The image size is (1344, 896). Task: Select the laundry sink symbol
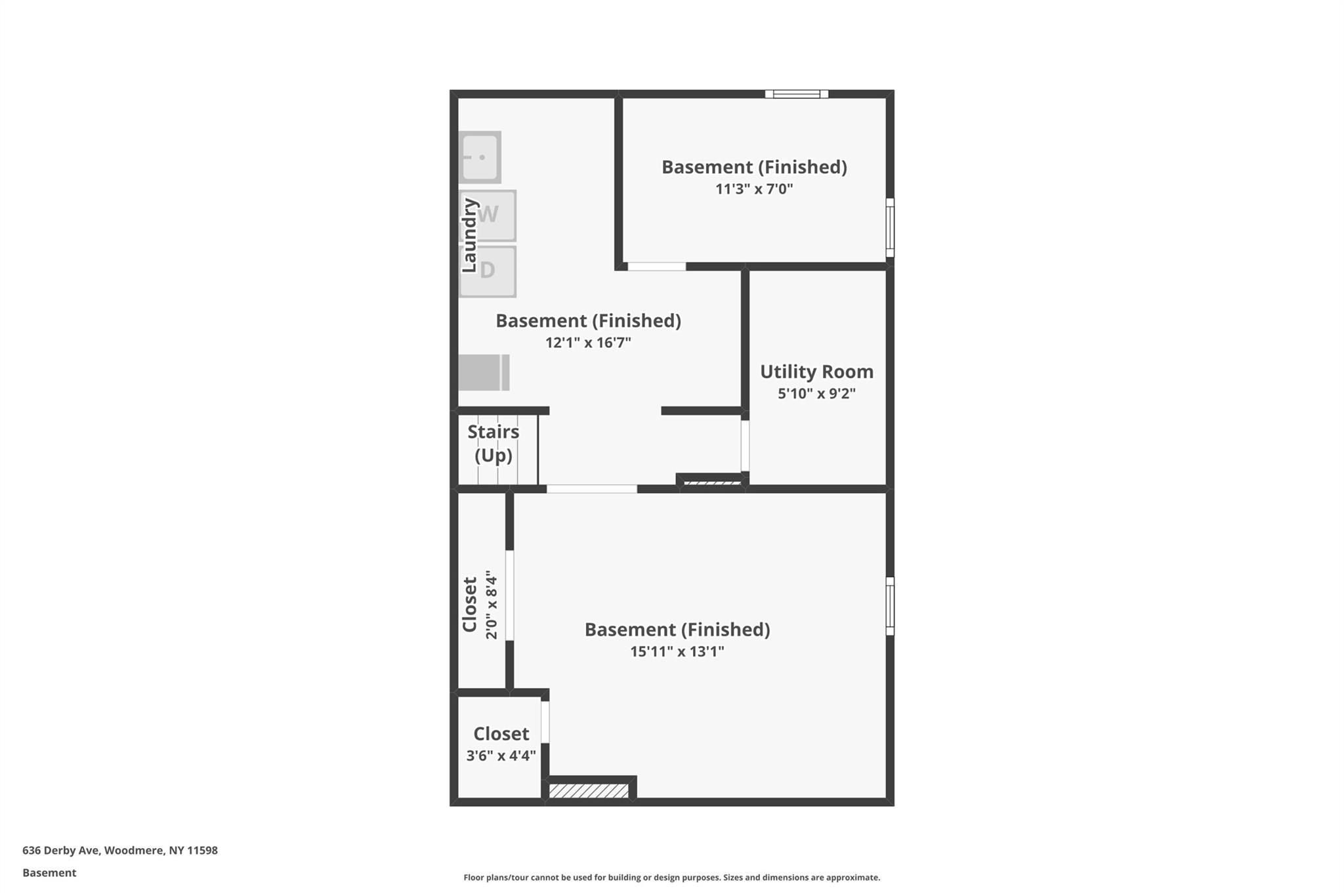coord(480,157)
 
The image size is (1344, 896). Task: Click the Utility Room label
coord(816,372)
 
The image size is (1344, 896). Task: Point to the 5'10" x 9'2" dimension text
coord(816,394)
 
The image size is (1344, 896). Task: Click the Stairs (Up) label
coord(493,443)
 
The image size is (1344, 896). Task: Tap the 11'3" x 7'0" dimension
coord(754,189)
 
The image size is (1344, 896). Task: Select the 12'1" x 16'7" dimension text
coord(588,343)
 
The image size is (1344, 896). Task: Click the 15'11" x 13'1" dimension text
coord(677,652)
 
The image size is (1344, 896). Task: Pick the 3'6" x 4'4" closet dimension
coord(501,756)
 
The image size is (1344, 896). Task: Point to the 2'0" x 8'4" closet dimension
coord(492,605)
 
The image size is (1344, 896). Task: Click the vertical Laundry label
coord(469,236)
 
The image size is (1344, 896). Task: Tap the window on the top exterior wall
coord(797,94)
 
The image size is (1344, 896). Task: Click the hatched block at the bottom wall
coord(589,791)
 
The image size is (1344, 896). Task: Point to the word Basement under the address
coord(49,873)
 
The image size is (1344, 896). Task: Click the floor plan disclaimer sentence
coord(671,878)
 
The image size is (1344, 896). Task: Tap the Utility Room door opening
coord(745,446)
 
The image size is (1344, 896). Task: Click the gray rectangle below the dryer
coord(484,373)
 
